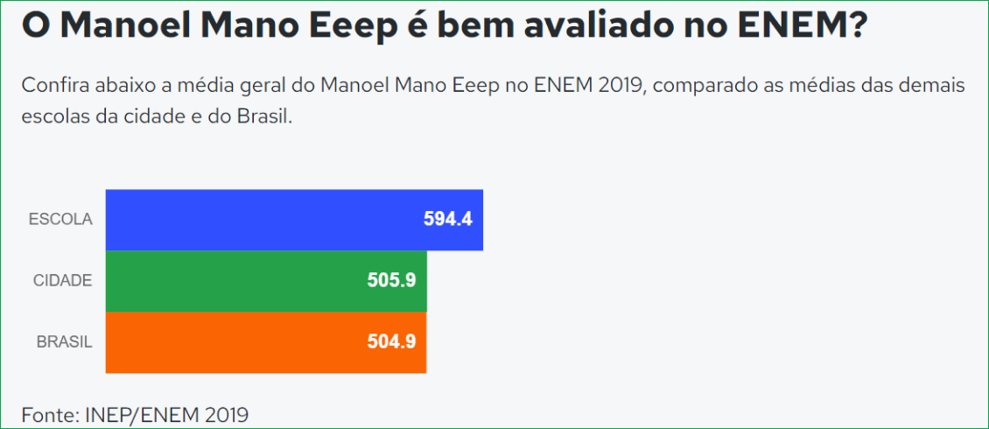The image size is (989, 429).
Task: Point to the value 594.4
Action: [x=447, y=220]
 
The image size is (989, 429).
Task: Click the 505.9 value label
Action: [x=391, y=281]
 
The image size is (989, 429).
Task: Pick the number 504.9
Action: [x=391, y=342]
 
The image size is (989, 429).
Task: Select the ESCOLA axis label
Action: [x=60, y=220]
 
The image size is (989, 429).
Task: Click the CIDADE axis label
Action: [x=62, y=281]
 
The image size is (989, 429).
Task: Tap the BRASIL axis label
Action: [x=64, y=342]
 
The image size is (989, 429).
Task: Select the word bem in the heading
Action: [x=477, y=26]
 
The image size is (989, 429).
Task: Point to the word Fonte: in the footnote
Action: [x=50, y=414]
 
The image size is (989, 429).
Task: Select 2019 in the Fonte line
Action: [x=229, y=414]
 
